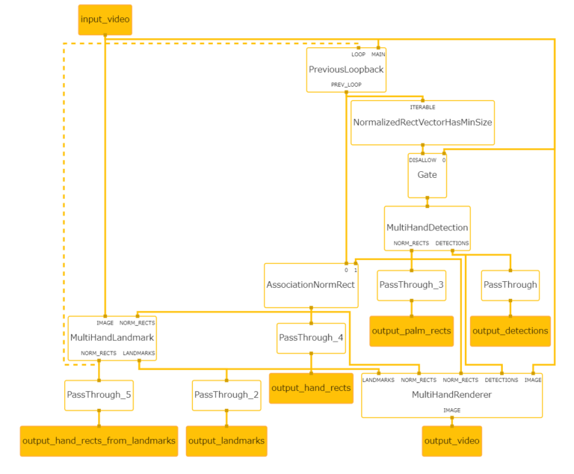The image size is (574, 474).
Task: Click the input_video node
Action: [x=105, y=19]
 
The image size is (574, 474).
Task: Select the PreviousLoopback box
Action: [x=346, y=70]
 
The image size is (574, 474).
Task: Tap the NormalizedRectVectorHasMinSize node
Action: [x=422, y=122]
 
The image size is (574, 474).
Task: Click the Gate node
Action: [x=427, y=175]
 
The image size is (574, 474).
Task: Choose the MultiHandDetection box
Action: [x=427, y=227]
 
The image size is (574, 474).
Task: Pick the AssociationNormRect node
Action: [x=311, y=285]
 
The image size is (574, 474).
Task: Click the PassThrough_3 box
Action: [x=411, y=285]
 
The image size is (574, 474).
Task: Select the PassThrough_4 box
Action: [x=311, y=338]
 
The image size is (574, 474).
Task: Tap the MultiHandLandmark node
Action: [x=111, y=338]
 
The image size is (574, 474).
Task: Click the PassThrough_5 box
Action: [x=99, y=395]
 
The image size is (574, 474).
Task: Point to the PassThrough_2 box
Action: [x=226, y=395]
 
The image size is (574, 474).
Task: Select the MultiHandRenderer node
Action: [x=451, y=395]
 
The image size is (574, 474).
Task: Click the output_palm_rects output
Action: [x=411, y=331]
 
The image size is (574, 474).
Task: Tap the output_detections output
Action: [x=510, y=331]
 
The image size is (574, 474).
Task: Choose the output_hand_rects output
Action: [x=311, y=388]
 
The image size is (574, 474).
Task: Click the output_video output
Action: [x=451, y=441]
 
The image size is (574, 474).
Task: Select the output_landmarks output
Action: [x=226, y=441]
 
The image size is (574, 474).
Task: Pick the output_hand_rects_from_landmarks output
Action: [x=99, y=441]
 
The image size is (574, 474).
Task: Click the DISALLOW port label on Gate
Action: [x=422, y=160]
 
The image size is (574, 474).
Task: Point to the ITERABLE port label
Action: [x=422, y=107]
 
